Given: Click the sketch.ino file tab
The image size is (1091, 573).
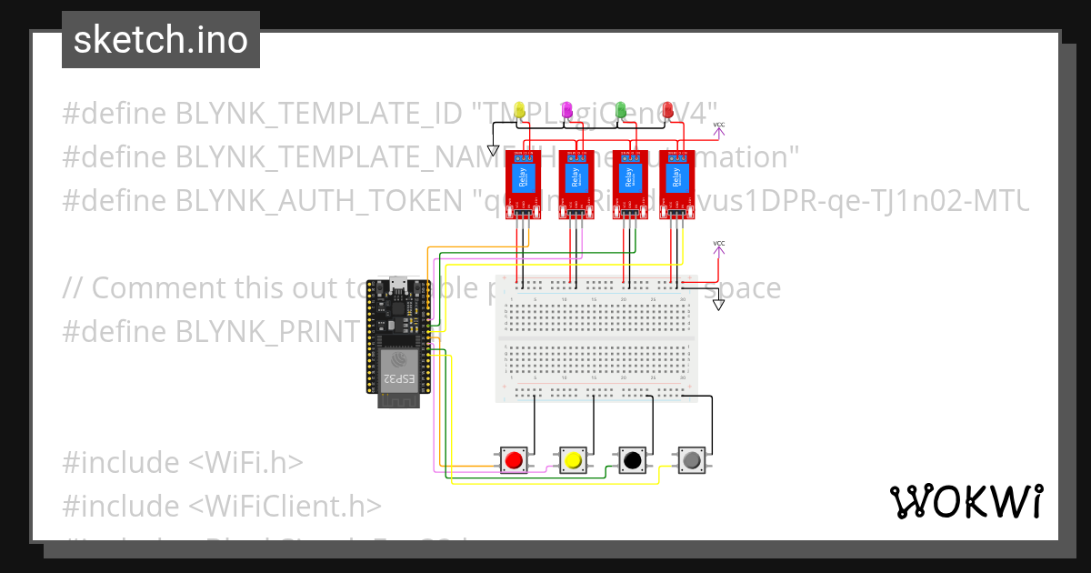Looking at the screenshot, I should (x=160, y=40).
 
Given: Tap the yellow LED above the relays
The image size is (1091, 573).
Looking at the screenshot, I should (x=519, y=110).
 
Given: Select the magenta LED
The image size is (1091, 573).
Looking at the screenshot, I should (x=567, y=110).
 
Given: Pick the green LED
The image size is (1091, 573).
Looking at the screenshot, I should (x=621, y=110).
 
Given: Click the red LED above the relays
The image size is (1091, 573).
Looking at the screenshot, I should (x=666, y=110).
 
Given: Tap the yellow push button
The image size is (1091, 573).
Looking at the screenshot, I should (x=573, y=460).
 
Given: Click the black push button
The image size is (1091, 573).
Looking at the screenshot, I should (x=632, y=460).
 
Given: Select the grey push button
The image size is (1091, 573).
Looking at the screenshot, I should (x=692, y=460).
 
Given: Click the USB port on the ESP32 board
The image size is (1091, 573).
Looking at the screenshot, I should (x=396, y=283).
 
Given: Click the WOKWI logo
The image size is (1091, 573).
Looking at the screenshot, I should (x=966, y=501).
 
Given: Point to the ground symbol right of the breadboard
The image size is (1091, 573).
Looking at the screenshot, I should (x=719, y=304).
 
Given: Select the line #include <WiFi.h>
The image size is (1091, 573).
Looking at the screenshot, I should (x=182, y=463).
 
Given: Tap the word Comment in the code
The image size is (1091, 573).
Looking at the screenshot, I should (x=154, y=288).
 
